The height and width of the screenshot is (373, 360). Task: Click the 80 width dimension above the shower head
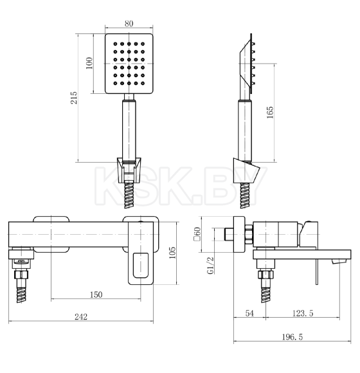pos(129,24)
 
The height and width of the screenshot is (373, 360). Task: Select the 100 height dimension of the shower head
pos(89,63)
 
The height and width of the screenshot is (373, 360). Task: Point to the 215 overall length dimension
pos(74,98)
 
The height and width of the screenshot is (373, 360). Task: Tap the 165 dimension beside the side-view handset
pos(270,113)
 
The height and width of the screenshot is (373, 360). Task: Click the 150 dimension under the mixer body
pos(96,295)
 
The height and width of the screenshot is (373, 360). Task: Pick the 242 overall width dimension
pos(81,316)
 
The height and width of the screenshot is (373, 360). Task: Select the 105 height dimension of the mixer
pos(172,253)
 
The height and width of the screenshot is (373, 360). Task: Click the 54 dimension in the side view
pos(249,313)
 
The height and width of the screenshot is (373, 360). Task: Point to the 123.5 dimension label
pos(303,313)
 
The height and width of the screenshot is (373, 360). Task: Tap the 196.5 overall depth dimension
pos(292,337)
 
